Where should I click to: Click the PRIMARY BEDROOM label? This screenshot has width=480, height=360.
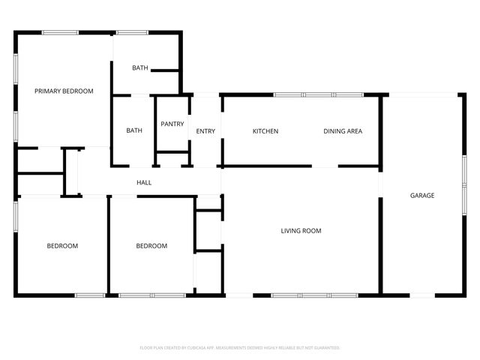[64, 91]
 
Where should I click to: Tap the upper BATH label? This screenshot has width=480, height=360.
[140, 68]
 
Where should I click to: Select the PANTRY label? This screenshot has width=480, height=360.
[172, 124]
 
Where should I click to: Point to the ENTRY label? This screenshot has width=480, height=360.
[205, 131]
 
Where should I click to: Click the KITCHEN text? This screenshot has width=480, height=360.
[265, 131]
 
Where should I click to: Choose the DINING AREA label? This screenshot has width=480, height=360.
[343, 131]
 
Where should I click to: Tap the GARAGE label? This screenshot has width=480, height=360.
[422, 196]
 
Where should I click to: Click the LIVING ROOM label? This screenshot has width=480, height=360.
[301, 231]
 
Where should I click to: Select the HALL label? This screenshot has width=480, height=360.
[144, 182]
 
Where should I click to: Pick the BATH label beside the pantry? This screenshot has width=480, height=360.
[134, 130]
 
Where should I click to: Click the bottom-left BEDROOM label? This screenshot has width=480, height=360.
[62, 246]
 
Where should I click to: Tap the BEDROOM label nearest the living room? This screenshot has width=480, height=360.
[151, 246]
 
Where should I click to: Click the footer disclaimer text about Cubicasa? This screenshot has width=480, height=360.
[240, 348]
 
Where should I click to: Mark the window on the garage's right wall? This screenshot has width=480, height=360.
[464, 180]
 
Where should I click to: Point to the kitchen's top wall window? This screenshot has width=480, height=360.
[318, 95]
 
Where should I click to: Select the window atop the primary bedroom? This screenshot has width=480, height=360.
[60, 32]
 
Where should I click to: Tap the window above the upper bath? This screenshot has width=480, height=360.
[132, 32]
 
